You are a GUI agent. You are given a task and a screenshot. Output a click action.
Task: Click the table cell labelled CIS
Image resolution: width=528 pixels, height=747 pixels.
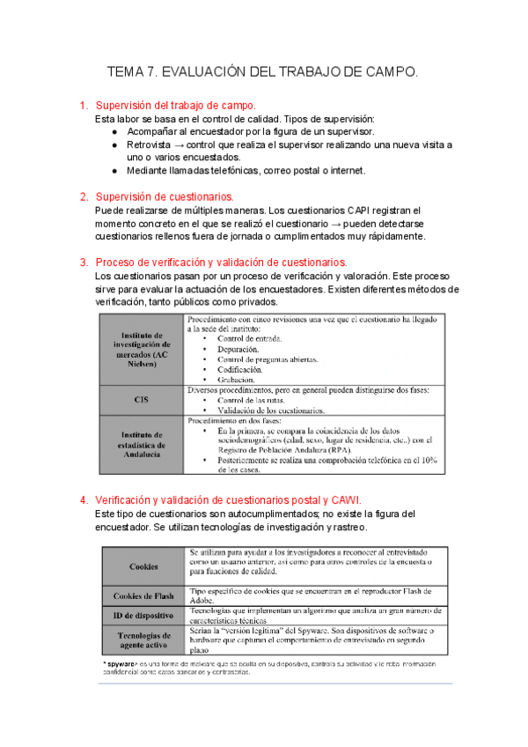(140, 399)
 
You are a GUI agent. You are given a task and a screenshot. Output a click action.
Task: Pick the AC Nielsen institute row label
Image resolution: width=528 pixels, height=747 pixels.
(140, 349)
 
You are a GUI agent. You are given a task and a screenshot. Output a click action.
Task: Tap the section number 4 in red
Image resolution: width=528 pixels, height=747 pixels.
(84, 499)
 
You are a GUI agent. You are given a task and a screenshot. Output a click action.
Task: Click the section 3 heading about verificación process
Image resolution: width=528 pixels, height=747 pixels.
(221, 263)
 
